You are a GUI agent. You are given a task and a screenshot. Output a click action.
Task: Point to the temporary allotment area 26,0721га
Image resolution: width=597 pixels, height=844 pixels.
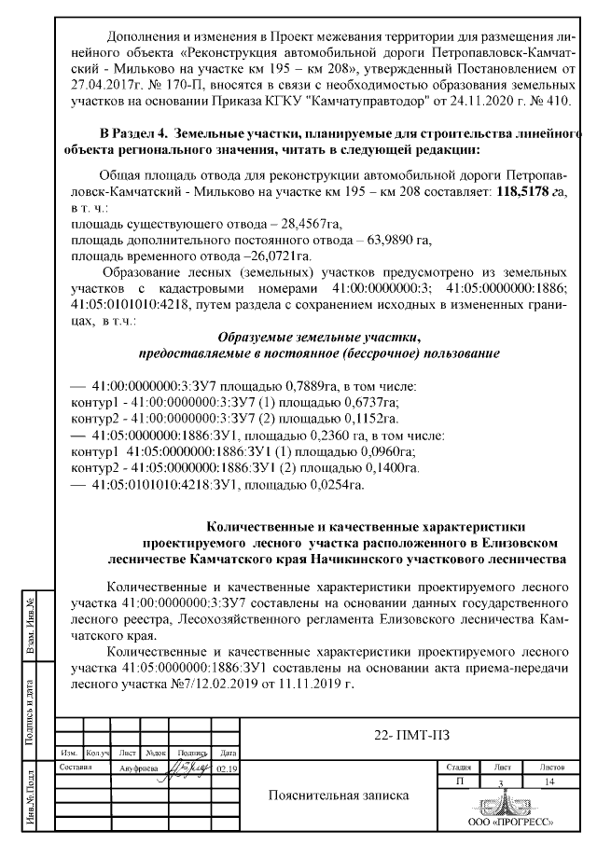[x=276, y=255]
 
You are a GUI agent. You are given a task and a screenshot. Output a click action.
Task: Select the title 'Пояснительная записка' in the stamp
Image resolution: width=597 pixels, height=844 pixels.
[x=338, y=797]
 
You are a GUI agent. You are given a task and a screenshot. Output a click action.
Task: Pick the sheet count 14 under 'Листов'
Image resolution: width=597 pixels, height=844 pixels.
[x=548, y=782]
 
